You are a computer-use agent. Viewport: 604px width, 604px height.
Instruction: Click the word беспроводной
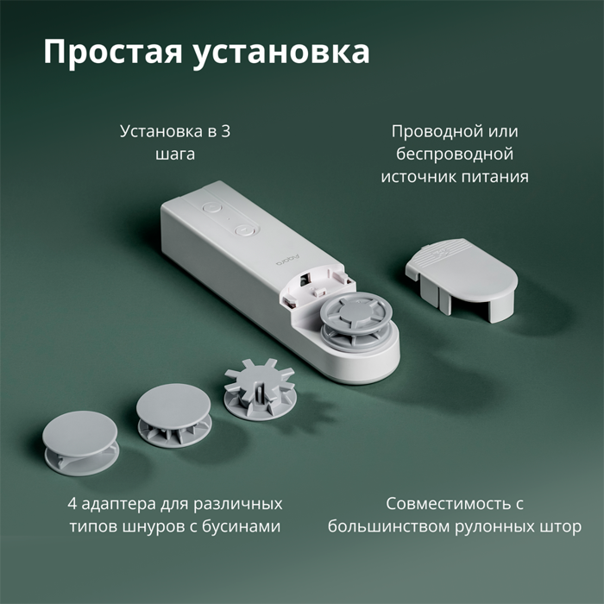point(455,154)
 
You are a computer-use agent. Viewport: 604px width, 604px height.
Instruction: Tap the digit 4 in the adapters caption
point(72,503)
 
